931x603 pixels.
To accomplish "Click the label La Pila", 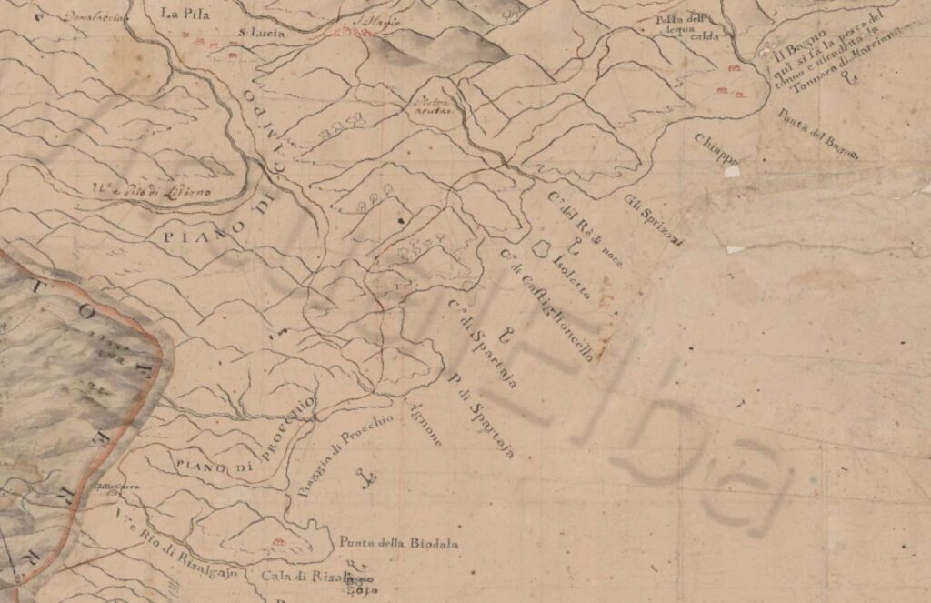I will click(x=179, y=14).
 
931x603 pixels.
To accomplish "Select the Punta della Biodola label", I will click(x=397, y=544).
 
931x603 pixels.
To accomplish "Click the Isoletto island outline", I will click(x=543, y=246).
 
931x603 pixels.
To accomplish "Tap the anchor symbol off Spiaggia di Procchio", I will click(x=367, y=477).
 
